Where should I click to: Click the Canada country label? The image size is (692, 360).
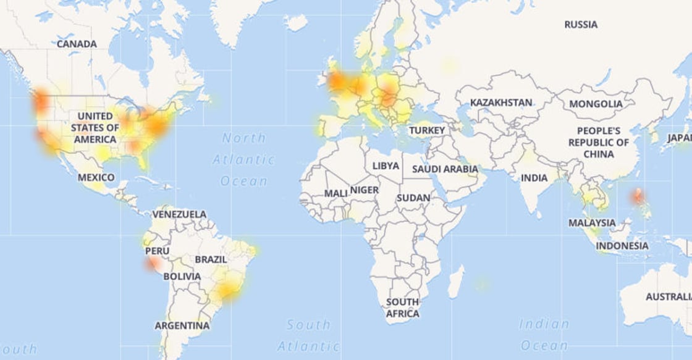click(77, 44)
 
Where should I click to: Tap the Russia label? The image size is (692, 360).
click(581, 25)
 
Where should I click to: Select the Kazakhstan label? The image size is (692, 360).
click(501, 103)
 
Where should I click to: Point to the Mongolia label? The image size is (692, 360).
click(596, 104)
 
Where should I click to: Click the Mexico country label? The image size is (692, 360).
click(96, 178)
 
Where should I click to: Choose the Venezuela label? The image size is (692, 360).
click(179, 214)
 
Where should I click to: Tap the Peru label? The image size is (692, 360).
click(157, 251)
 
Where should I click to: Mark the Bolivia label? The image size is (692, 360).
click(182, 277)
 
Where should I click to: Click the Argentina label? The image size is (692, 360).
click(182, 325)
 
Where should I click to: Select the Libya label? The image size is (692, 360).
click(386, 166)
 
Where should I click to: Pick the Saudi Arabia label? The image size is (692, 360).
click(445, 169)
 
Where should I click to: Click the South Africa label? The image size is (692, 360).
click(402, 308)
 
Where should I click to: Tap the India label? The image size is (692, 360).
click(534, 178)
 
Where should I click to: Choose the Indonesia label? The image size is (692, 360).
click(622, 246)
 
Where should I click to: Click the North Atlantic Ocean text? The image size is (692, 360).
click(244, 159)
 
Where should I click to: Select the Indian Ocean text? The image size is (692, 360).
click(544, 334)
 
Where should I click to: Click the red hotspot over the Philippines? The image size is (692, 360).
click(638, 198)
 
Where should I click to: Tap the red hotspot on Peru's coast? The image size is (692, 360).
click(151, 264)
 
